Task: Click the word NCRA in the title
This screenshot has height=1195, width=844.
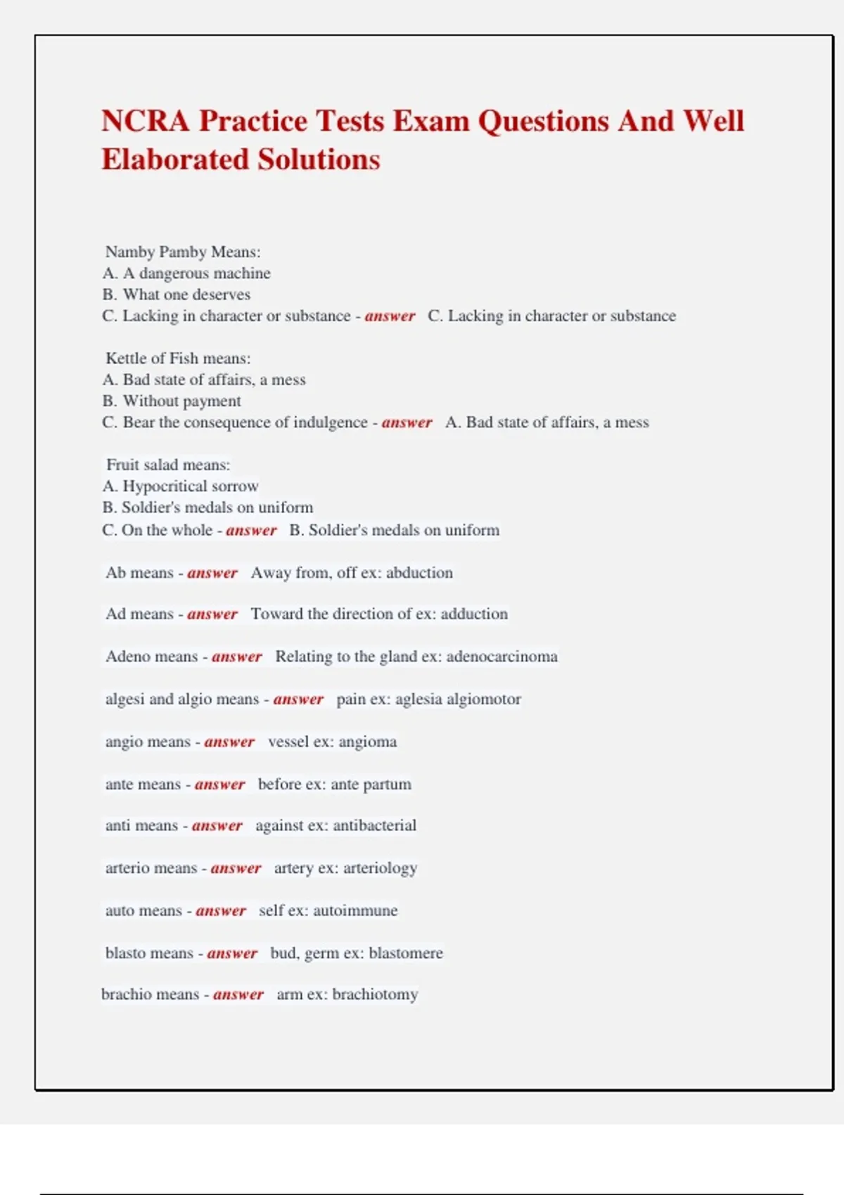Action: click(x=145, y=121)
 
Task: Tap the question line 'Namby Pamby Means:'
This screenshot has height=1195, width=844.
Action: click(x=183, y=252)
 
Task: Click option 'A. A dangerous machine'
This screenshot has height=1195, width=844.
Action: click(x=186, y=273)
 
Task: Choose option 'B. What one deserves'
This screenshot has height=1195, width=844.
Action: click(x=176, y=295)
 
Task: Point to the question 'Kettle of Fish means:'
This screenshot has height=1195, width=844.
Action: click(x=178, y=358)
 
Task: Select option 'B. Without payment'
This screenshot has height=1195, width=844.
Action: click(x=172, y=401)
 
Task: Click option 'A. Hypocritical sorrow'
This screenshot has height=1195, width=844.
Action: click(x=180, y=486)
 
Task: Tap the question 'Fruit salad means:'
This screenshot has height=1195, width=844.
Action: click(x=168, y=465)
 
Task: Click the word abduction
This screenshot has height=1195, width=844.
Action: click(x=419, y=572)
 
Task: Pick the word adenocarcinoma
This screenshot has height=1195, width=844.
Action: click(x=501, y=657)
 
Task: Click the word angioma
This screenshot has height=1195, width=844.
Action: click(x=368, y=742)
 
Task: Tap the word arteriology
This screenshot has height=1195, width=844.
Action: click(x=381, y=868)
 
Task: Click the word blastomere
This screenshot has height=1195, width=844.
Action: click(x=406, y=953)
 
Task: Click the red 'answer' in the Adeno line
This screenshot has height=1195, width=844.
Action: click(x=237, y=657)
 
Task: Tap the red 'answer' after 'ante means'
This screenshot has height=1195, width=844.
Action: click(x=220, y=784)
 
